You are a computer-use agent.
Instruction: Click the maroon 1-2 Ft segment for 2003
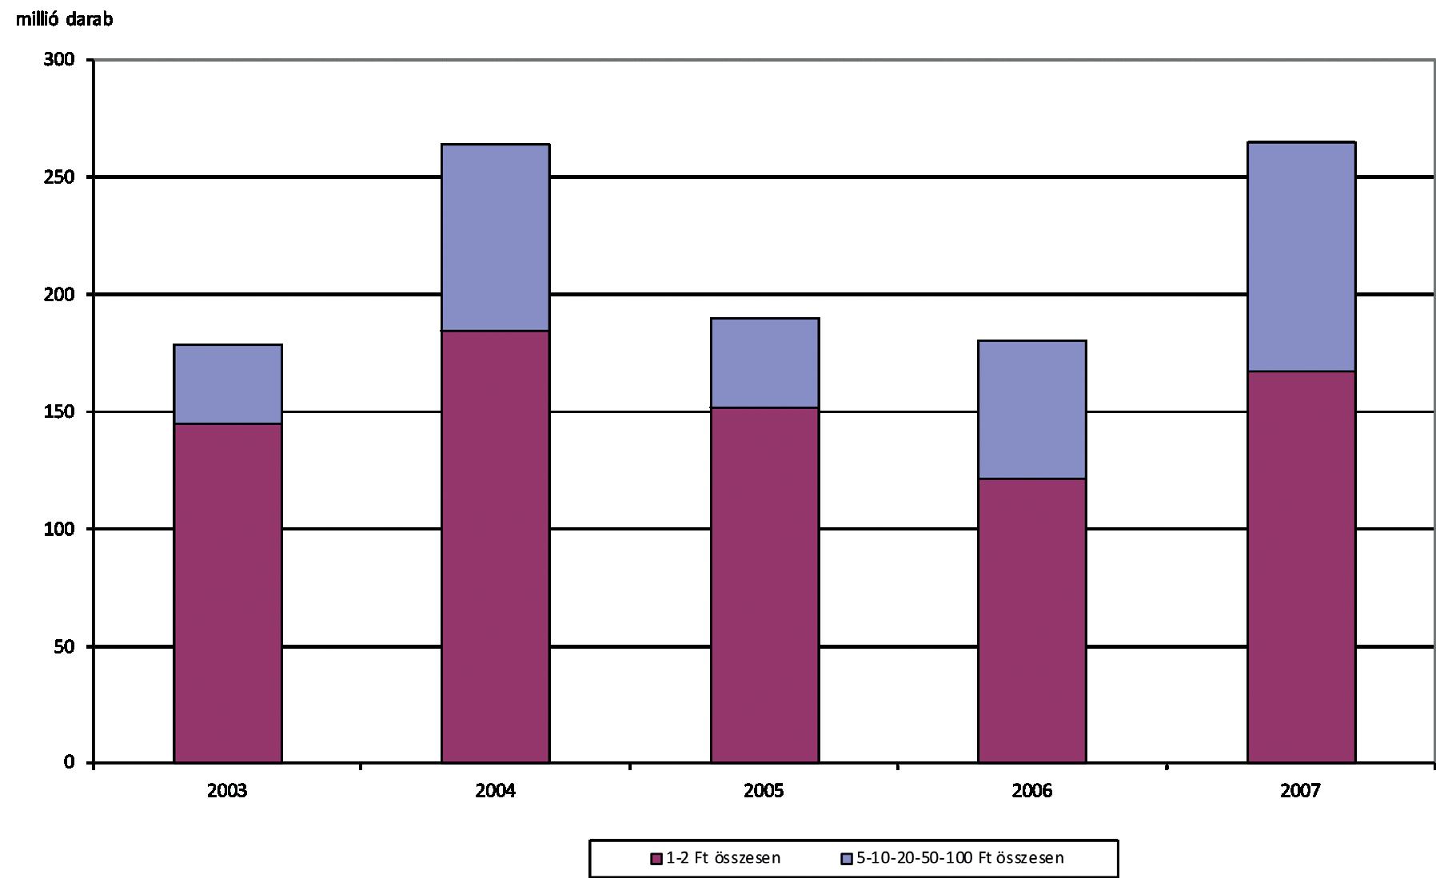pyautogui.click(x=228, y=593)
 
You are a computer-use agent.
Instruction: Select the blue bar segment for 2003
pyautogui.click(x=228, y=384)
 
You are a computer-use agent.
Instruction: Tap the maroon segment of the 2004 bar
pyautogui.click(x=496, y=546)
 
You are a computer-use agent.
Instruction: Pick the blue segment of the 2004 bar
pyautogui.click(x=496, y=237)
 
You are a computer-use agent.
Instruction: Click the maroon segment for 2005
pyautogui.click(x=765, y=585)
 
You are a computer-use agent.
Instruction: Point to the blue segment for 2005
pyautogui.click(x=765, y=363)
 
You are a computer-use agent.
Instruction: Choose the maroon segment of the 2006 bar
pyautogui.click(x=1032, y=621)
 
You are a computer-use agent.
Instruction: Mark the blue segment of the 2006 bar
pyautogui.click(x=1032, y=410)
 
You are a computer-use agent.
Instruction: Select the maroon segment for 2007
pyautogui.click(x=1302, y=566)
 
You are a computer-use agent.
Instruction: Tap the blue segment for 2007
pyautogui.click(x=1302, y=256)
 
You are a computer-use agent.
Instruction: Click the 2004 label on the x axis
pyautogui.click(x=496, y=791)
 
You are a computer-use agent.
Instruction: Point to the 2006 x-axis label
pyautogui.click(x=1032, y=791)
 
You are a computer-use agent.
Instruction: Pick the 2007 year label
pyautogui.click(x=1301, y=791)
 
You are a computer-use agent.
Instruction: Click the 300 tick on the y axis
pyautogui.click(x=59, y=60)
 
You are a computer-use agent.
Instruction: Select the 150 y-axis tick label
pyautogui.click(x=59, y=412)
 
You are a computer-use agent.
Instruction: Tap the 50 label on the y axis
pyautogui.click(x=65, y=646)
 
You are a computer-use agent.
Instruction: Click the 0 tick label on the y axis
pyautogui.click(x=70, y=763)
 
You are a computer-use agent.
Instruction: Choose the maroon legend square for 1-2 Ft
pyautogui.click(x=656, y=859)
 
